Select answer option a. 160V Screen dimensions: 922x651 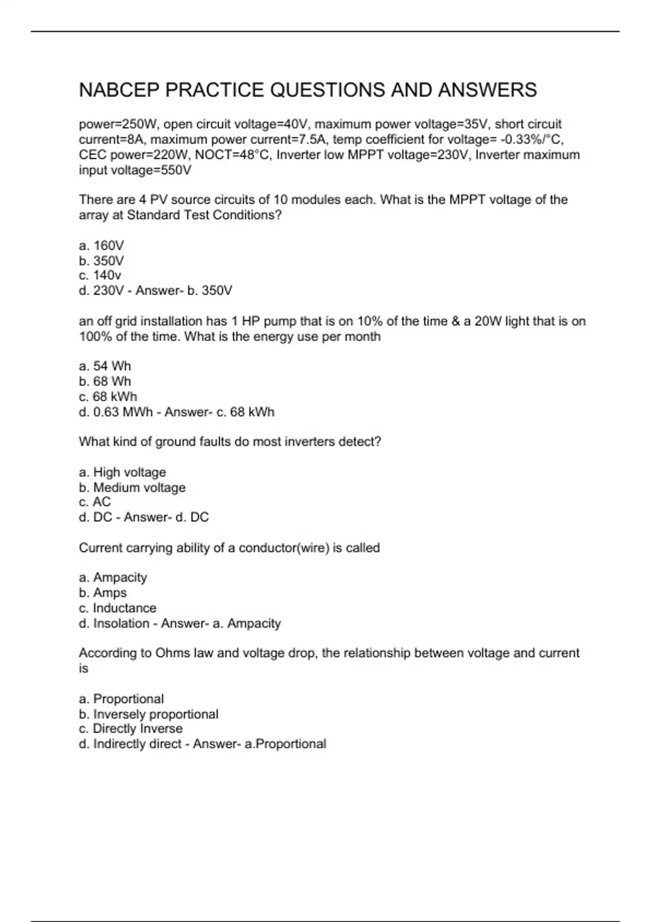point(101,246)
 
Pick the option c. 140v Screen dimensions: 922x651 point(100,276)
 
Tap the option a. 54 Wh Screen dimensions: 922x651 point(105,366)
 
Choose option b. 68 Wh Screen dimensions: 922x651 point(105,381)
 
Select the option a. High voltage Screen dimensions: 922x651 point(122,472)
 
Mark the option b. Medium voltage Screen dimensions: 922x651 point(132,488)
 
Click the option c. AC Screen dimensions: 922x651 point(95,502)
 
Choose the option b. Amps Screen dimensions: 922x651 point(103,593)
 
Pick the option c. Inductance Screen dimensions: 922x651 point(117,608)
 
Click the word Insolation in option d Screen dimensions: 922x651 point(121,624)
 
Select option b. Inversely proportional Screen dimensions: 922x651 point(149,714)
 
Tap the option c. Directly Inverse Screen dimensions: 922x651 point(130,729)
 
